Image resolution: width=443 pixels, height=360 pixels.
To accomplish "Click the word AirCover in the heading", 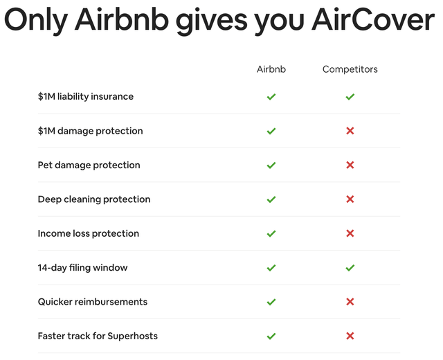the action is coord(373,20).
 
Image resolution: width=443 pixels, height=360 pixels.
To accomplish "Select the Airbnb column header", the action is coord(271,69).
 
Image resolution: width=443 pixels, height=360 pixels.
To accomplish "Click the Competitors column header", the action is coord(350,69).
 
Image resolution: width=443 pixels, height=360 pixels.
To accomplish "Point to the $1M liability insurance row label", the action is coord(86,97).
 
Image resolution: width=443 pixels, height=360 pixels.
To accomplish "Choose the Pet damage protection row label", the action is coord(89,165).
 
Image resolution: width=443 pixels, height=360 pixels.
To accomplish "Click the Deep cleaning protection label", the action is coord(94,199).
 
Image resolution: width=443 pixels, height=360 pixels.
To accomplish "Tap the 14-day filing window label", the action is coord(83,268).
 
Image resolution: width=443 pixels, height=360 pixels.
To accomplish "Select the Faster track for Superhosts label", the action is coord(98,336).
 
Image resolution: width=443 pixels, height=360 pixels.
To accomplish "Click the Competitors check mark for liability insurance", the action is coord(350,97).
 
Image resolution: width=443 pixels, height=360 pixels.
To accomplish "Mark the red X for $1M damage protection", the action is coord(350,131).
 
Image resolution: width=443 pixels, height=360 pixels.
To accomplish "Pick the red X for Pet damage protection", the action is coord(350,165).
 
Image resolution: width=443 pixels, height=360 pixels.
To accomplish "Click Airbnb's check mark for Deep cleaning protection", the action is coord(271,199).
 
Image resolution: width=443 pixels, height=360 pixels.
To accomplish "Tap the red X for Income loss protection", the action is coord(350,233).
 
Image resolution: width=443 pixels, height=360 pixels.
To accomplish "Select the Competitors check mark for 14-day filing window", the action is coord(350,268).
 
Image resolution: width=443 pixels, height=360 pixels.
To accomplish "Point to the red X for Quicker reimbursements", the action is coord(350,302).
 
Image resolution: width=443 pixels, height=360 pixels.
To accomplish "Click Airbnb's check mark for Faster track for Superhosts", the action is coord(271,336).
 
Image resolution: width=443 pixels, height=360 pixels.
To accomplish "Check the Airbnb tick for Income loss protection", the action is coord(271,234).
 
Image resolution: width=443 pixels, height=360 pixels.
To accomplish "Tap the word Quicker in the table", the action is coord(55,302).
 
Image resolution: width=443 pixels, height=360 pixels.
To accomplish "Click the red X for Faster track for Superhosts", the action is coord(350,336).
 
